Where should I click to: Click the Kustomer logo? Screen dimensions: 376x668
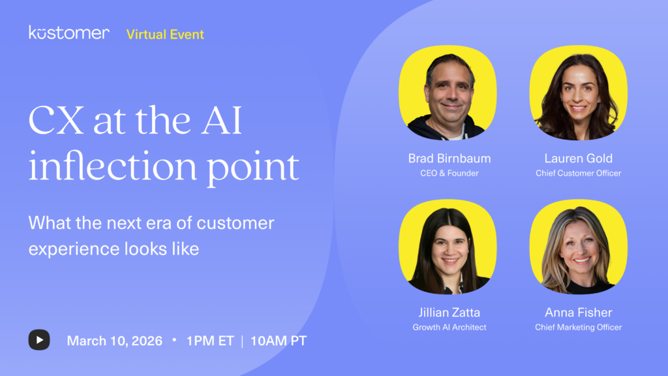(x=69, y=33)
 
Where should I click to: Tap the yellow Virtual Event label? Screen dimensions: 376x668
(x=165, y=34)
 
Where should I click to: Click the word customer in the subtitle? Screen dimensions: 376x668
(x=236, y=223)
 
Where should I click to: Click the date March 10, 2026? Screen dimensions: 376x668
(x=115, y=341)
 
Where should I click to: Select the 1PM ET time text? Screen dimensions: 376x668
(x=209, y=341)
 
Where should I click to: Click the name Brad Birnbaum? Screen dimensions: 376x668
(x=449, y=159)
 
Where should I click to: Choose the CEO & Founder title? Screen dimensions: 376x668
(x=449, y=173)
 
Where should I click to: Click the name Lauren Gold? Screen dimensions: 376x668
(x=578, y=159)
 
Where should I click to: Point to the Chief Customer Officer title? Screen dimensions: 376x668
(x=578, y=173)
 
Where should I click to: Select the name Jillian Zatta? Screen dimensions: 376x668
(x=449, y=313)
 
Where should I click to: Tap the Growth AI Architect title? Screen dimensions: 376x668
(x=449, y=327)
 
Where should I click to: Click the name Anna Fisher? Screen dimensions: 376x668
(x=578, y=313)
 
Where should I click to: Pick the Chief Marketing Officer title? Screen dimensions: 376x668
(x=578, y=327)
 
